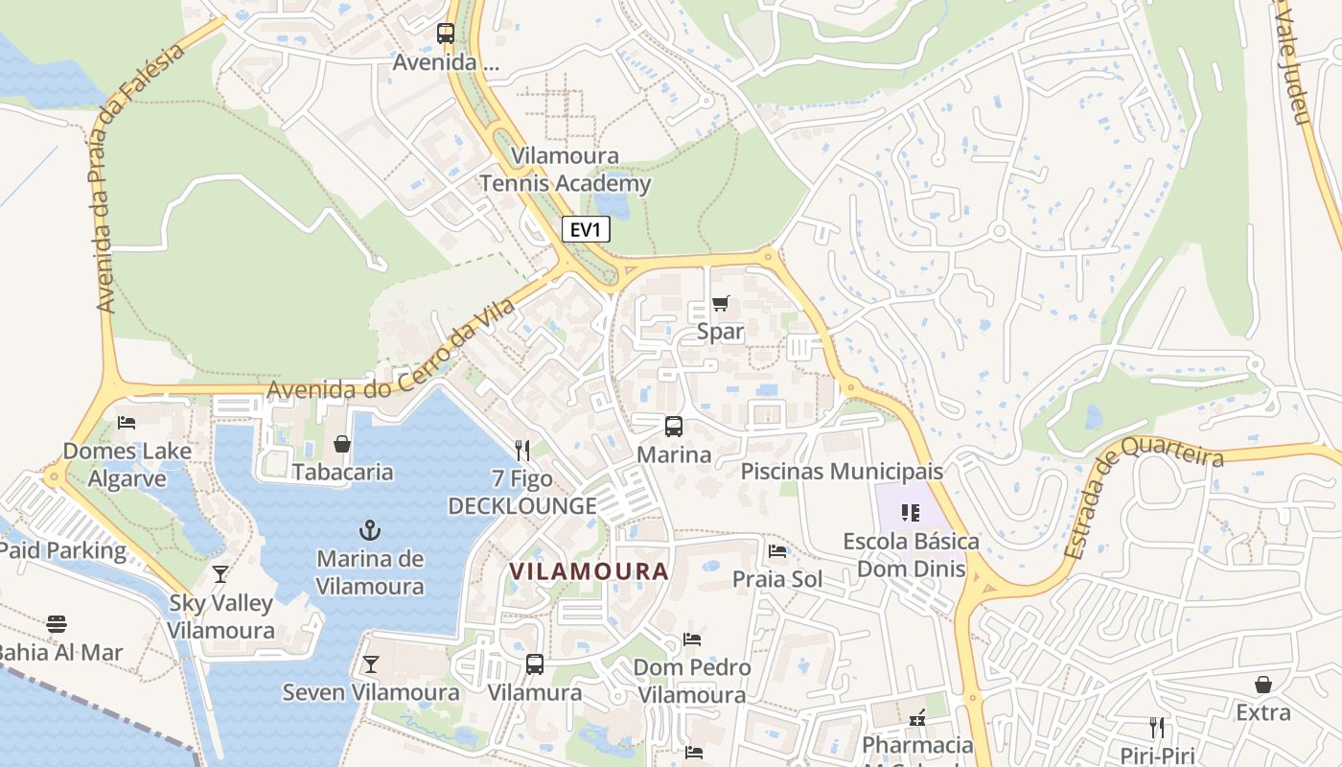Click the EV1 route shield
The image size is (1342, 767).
[585, 230]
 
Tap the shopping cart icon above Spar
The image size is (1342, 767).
[720, 304]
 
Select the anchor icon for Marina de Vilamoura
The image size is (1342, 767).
[370, 529]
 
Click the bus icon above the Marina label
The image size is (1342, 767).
[674, 427]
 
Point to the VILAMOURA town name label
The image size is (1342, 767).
[589, 571]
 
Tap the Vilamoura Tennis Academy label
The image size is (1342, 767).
[565, 170]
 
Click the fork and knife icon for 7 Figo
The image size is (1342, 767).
[522, 450]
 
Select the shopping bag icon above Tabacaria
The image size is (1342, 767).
[342, 444]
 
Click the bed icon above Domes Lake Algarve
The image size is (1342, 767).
[127, 422]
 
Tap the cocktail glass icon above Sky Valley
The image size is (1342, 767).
[220, 574]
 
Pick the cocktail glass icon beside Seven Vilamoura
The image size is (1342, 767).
[370, 663]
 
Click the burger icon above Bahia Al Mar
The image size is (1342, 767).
[57, 624]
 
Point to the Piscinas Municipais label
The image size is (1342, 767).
[842, 472]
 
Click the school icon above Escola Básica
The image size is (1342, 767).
[910, 513]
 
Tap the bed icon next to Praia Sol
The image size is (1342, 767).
[777, 551]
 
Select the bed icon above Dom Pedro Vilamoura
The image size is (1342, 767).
[692, 639]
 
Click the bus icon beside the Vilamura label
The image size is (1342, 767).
[535, 663]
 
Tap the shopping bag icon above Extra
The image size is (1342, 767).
[1263, 685]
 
